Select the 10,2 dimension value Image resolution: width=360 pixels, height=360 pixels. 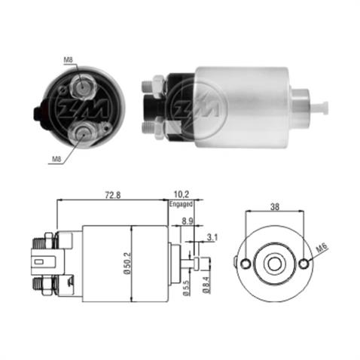tap(182, 193)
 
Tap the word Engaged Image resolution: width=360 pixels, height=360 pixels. tap(182, 203)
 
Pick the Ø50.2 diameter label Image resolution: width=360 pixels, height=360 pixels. tap(129, 263)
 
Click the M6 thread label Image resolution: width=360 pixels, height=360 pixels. tap(321, 249)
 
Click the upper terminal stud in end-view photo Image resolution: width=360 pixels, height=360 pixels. tap(80, 87)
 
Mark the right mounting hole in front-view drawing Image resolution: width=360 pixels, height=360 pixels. tap(303, 264)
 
